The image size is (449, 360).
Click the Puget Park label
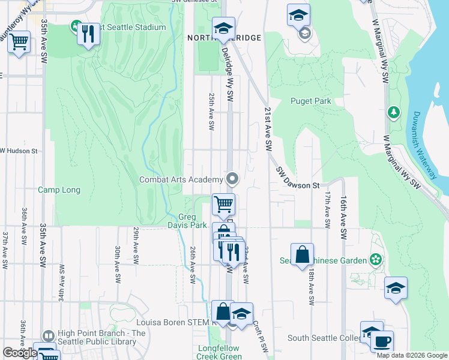(x=310, y=101)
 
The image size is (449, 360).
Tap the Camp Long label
(x=59, y=190)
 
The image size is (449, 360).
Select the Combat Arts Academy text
(x=181, y=179)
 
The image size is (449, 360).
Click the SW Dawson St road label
(x=298, y=178)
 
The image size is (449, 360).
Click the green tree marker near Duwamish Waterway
(x=394, y=112)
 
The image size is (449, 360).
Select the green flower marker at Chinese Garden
(x=376, y=260)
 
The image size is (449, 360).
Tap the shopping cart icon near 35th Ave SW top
(x=19, y=42)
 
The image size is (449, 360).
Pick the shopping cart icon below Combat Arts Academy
(x=224, y=205)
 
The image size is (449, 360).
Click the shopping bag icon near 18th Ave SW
(x=303, y=254)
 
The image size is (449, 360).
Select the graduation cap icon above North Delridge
(x=223, y=28)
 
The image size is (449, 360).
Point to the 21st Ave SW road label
(x=268, y=129)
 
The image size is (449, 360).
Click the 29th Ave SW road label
(x=136, y=254)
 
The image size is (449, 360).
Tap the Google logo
(x=20, y=353)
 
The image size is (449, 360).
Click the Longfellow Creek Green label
(x=218, y=352)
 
